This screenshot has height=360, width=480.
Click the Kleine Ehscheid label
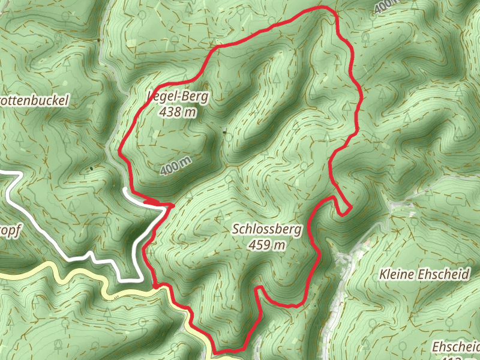pyautogui.click(x=424, y=275)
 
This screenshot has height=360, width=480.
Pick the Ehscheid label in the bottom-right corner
pyautogui.click(x=456, y=347)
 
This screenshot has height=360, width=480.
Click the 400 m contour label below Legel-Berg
pyautogui.click(x=176, y=165)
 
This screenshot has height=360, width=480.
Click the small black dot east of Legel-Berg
pyautogui.click(x=225, y=132)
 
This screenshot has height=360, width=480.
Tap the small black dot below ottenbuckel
pyautogui.click(x=91, y=169)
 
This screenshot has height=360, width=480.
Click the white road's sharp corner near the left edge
pyautogui.click(x=20, y=175)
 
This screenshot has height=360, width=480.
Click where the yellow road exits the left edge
pyautogui.click(x=2, y=275)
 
